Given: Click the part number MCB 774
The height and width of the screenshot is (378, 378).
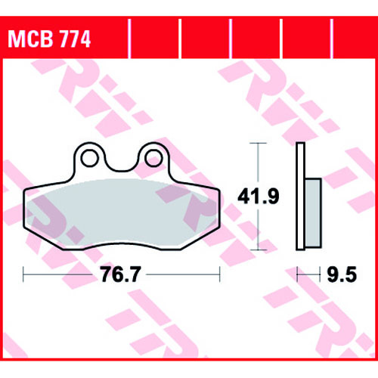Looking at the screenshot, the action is tap(49, 39).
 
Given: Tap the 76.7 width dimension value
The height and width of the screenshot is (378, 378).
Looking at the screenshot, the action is tap(120, 274).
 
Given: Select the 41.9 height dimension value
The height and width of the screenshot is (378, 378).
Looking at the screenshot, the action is tap(259, 196).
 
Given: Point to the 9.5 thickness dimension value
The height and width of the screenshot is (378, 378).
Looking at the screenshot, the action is tap(342, 274).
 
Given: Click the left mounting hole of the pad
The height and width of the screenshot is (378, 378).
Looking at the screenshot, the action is tap(89, 158).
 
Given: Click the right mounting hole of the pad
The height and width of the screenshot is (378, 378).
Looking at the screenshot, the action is tap(153, 158).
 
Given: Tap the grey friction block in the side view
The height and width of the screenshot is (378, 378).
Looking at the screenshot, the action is tap(313, 213).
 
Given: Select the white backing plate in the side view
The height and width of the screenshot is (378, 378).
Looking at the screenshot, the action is tap(300, 197).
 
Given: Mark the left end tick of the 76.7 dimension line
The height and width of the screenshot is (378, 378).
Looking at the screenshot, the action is tap(23, 274).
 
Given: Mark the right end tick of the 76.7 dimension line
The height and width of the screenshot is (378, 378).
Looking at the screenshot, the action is tap(220, 274).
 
